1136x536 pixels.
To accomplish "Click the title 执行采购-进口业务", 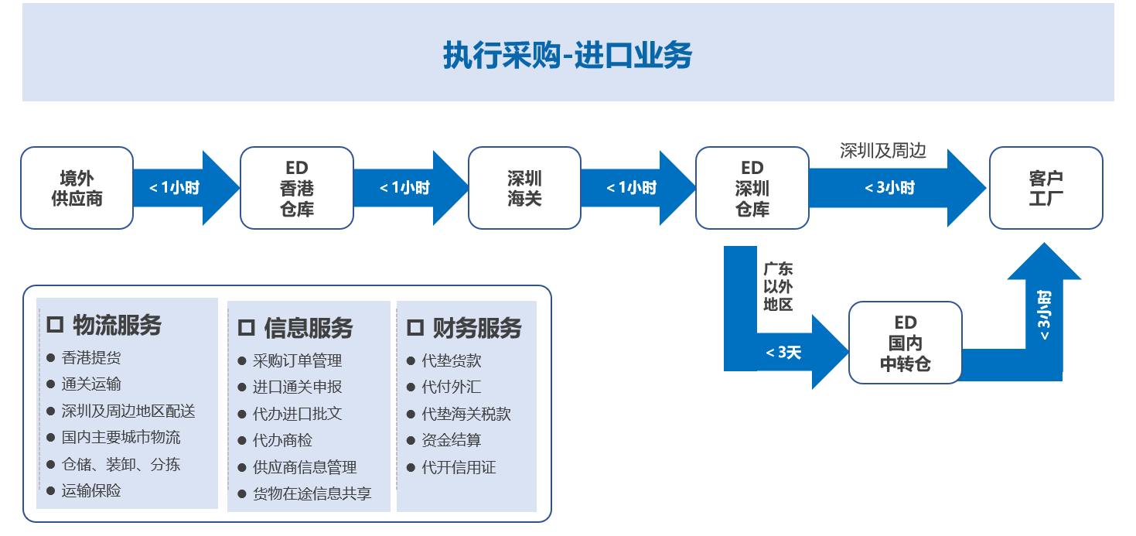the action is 568,55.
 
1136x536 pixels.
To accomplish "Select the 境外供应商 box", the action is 77,188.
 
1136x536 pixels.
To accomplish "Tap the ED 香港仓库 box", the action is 297,188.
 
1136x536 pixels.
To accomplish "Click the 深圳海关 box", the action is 524,188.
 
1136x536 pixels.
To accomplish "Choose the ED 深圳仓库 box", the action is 752,188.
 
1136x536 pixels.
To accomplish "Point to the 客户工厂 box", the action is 1046,188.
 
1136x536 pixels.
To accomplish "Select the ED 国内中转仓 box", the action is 906,343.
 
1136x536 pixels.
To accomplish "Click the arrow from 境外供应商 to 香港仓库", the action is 186,188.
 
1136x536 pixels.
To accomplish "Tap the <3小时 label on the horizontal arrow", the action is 889,188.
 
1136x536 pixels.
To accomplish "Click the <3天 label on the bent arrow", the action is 783,353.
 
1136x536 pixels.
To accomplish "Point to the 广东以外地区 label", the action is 778,286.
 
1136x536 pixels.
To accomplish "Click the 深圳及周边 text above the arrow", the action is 883,151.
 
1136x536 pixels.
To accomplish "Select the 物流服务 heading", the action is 117,325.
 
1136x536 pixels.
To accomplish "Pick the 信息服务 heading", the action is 309,328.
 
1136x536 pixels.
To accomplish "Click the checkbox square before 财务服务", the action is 415,328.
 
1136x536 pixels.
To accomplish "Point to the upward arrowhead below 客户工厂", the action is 1044,262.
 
